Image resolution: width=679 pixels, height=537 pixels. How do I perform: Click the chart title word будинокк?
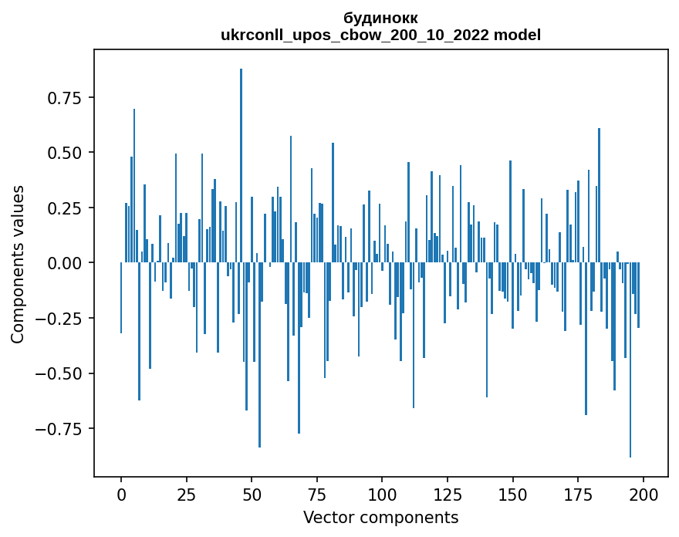[380, 19]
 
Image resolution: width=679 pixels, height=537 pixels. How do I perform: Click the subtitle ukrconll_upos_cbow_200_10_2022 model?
[380, 35]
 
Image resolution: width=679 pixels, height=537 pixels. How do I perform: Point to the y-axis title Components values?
[18, 264]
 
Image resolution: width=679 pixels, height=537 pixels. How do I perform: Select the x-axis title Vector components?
[380, 517]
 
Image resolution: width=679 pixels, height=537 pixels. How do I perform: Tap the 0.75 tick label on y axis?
[69, 98]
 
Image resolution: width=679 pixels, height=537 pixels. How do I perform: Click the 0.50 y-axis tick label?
[69, 153]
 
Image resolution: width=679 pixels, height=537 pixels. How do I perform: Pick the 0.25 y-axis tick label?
[69, 208]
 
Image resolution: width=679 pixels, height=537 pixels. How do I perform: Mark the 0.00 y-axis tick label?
[69, 263]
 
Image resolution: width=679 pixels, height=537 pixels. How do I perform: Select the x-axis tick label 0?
[121, 494]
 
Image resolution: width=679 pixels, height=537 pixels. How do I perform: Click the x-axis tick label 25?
[186, 494]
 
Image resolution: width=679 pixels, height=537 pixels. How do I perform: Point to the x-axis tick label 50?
[252, 494]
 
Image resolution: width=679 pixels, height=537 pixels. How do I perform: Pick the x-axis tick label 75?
[316, 494]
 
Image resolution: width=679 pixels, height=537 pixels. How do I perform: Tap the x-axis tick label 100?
[382, 494]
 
